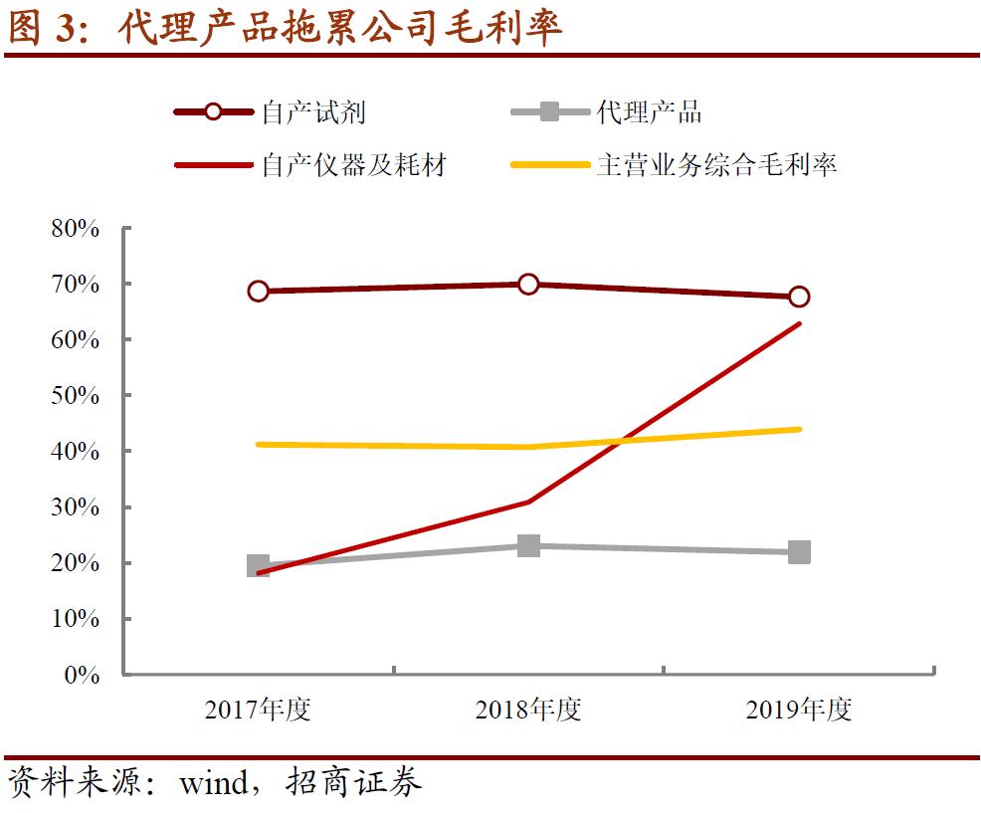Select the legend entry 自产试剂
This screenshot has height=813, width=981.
[x=313, y=111]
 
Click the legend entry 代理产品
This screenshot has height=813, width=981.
[x=649, y=111]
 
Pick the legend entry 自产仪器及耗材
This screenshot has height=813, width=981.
[x=353, y=164]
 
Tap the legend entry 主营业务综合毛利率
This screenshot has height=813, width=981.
[x=716, y=164]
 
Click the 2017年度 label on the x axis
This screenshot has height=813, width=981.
[x=258, y=710]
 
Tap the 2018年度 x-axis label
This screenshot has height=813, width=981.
[x=528, y=710]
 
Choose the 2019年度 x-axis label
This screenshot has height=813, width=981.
[x=799, y=710]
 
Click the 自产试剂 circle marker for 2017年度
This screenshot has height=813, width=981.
[x=258, y=291]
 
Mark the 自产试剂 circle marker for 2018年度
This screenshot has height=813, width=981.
[x=528, y=284]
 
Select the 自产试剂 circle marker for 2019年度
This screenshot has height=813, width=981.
[x=799, y=297]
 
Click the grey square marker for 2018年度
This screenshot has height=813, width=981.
[x=528, y=545]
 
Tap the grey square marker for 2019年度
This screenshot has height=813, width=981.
[x=799, y=552]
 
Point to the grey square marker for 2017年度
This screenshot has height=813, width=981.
[x=258, y=566]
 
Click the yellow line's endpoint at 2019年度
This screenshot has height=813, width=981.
[x=799, y=429]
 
